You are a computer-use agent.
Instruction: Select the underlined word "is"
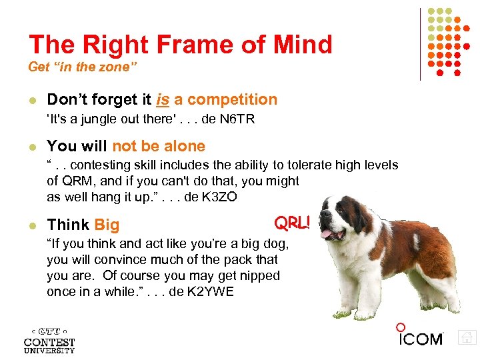coord(163,100)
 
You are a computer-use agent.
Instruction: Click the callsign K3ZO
coord(216,198)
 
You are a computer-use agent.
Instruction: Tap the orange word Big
coord(107,225)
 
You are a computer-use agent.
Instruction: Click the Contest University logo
coord(49,339)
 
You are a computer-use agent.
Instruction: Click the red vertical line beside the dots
coord(420,44)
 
